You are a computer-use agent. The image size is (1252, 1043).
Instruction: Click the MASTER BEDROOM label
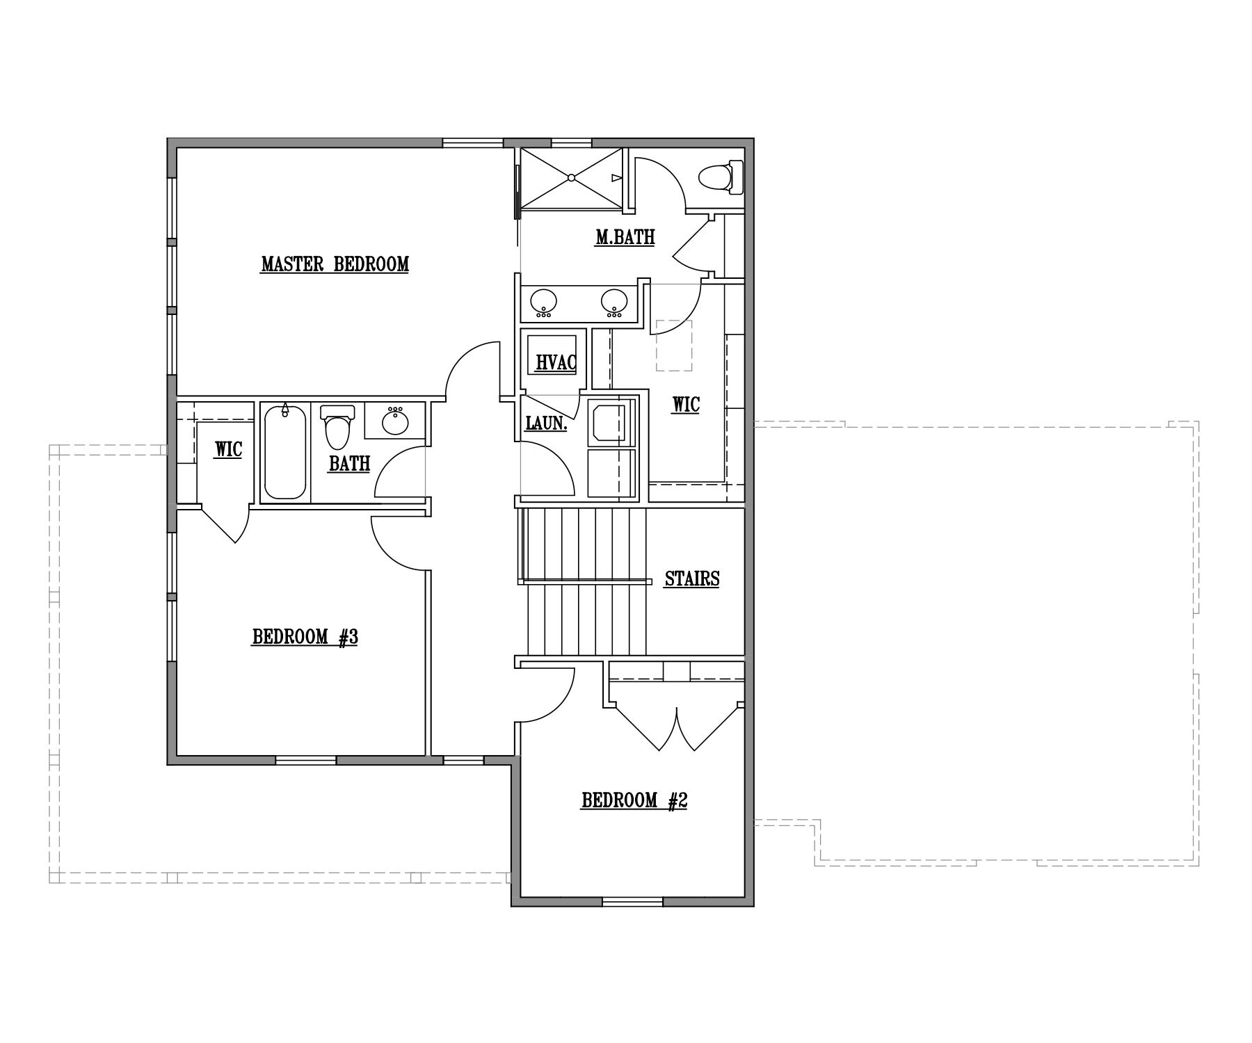tap(335, 264)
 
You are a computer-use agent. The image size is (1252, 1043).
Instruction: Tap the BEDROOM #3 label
tap(305, 637)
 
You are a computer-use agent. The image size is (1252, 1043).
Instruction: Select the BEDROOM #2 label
tap(634, 801)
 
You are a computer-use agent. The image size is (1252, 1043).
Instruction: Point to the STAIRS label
tap(691, 579)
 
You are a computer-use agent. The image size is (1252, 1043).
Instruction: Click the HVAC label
tap(556, 362)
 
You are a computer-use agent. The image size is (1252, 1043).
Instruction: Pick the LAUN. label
tap(546, 423)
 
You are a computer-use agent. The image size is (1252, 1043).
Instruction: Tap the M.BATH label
tap(625, 237)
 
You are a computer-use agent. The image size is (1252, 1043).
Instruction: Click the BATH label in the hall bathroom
tap(349, 464)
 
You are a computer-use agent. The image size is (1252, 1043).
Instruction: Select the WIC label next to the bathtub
tap(228, 449)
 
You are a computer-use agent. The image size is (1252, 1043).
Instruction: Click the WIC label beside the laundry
tap(685, 404)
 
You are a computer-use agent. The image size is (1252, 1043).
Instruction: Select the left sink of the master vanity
tap(543, 302)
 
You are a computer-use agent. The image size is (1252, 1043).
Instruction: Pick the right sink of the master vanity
tap(614, 302)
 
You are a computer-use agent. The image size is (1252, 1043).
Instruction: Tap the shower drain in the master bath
tap(571, 178)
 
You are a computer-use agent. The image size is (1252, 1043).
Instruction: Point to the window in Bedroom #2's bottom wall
tap(632, 902)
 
